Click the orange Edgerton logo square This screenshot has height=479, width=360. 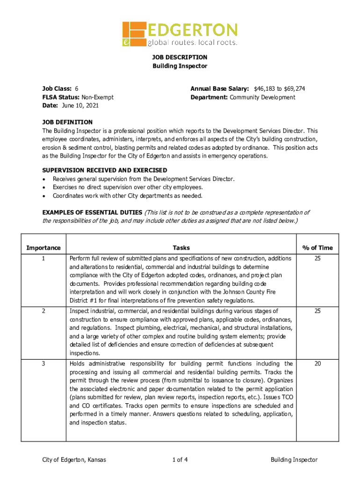(134, 34)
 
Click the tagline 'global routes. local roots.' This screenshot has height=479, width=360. (193, 43)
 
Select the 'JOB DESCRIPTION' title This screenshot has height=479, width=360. (180, 57)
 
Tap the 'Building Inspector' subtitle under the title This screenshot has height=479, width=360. (180, 66)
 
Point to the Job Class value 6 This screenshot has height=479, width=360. (77, 88)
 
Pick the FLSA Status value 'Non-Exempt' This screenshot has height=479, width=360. (98, 97)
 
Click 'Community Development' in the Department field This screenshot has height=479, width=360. (262, 97)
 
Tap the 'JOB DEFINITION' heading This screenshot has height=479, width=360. (67, 122)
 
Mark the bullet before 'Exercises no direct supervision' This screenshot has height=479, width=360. (44, 188)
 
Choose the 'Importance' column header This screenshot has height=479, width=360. (43, 247)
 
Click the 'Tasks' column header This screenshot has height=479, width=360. (181, 247)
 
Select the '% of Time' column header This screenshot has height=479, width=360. (317, 247)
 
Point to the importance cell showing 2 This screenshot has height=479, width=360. (43, 311)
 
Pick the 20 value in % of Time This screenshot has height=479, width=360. (317, 363)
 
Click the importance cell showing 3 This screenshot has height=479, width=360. (43, 363)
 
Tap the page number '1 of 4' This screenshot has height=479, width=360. (180, 460)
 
